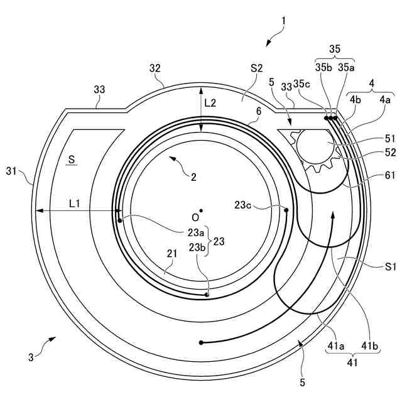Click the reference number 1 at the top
(283, 20)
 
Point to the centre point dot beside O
(201, 210)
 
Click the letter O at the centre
(195, 217)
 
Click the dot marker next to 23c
(286, 210)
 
